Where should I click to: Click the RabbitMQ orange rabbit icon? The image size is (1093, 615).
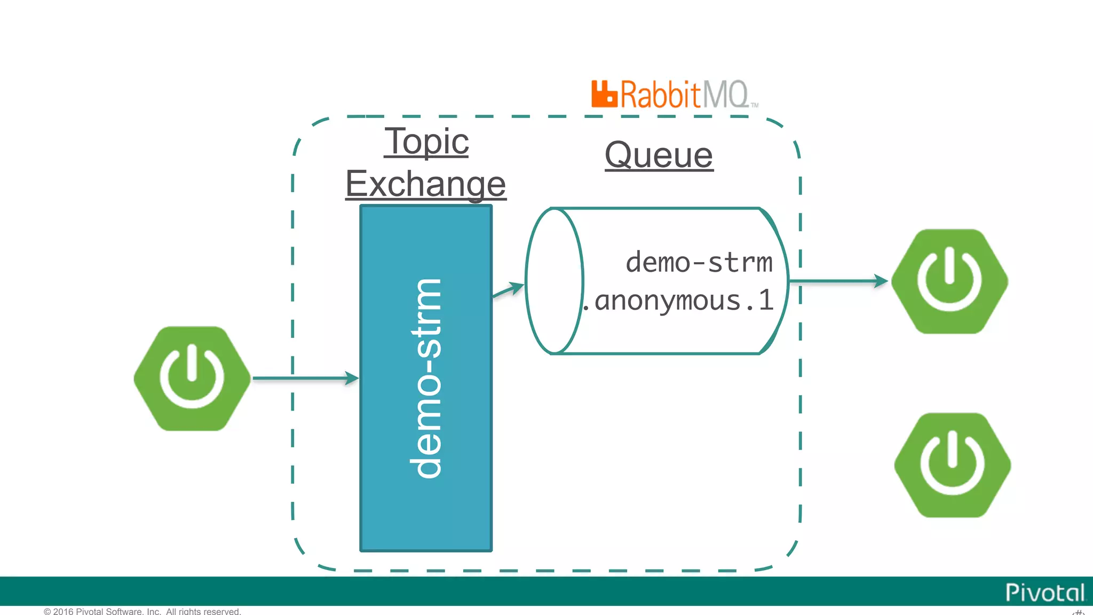tap(604, 94)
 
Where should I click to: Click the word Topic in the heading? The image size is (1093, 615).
tap(426, 141)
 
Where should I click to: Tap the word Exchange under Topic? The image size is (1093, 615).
tap(425, 184)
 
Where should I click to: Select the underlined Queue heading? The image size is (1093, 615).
tap(659, 155)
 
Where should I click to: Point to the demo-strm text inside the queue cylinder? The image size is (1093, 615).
tap(699, 263)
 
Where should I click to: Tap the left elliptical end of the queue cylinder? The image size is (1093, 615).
tap(554, 281)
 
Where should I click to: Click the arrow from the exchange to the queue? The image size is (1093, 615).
tap(508, 290)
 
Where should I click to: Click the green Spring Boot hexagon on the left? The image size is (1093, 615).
tap(192, 379)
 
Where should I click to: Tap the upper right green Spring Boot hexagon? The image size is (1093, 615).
tap(949, 281)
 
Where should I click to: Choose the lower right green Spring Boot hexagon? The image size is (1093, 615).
tap(953, 465)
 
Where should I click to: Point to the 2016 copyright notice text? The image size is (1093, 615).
tap(142, 611)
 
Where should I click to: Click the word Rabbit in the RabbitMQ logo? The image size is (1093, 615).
tap(660, 95)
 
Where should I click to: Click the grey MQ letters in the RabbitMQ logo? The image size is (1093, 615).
tap(725, 95)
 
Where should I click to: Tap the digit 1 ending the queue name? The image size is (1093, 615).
tap(766, 300)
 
